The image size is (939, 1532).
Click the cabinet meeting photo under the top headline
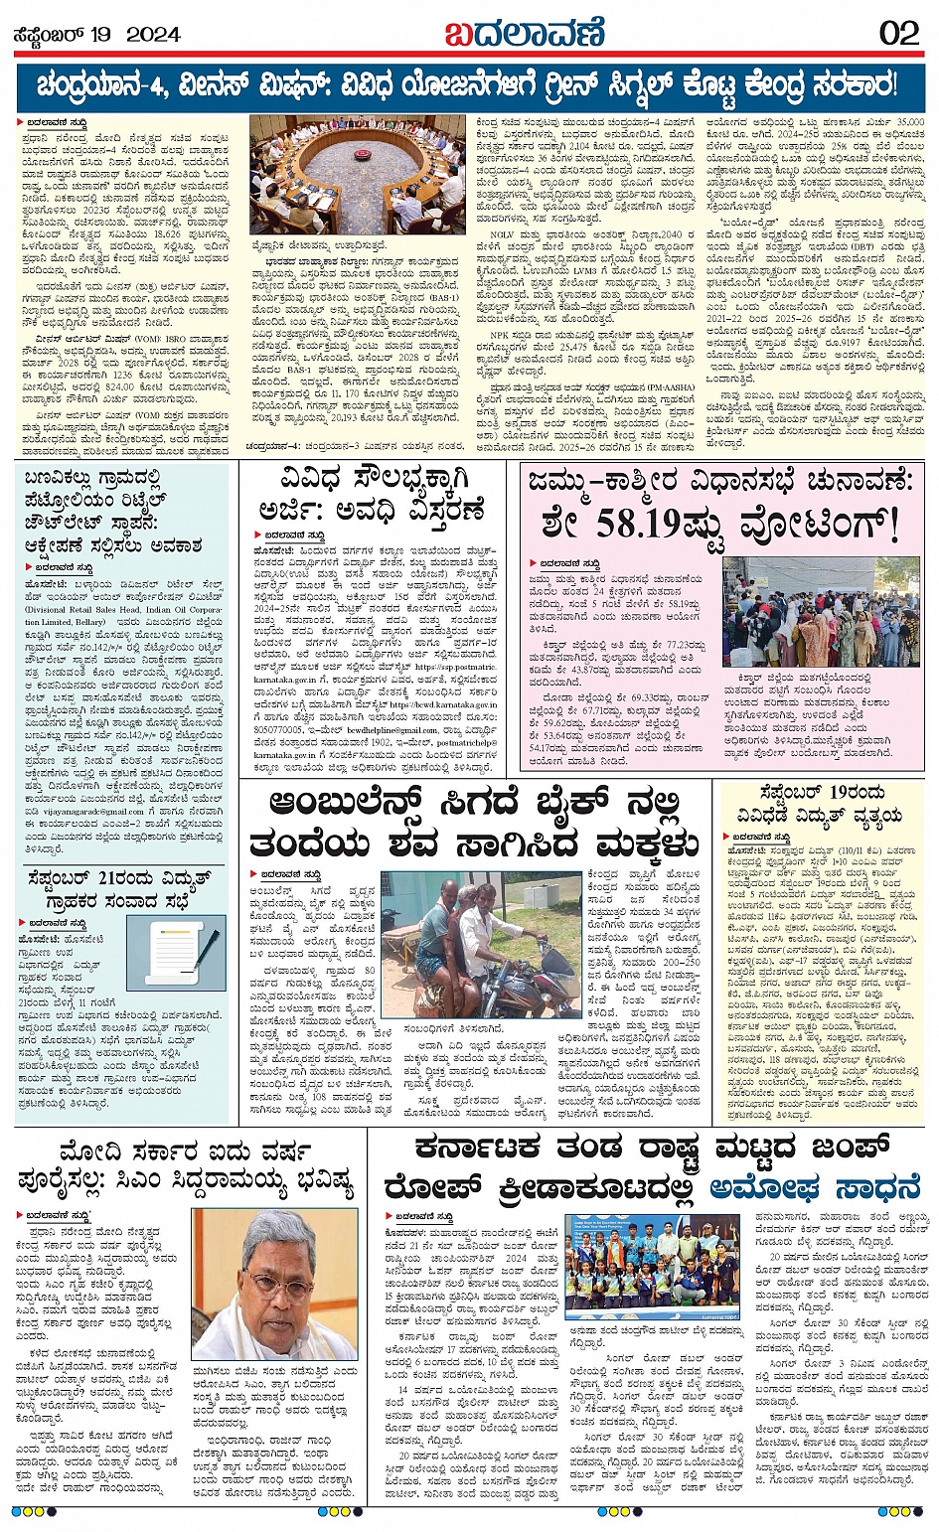(357, 174)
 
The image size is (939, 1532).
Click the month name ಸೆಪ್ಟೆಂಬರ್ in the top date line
(48, 35)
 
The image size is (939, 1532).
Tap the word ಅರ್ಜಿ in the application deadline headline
(289, 512)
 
